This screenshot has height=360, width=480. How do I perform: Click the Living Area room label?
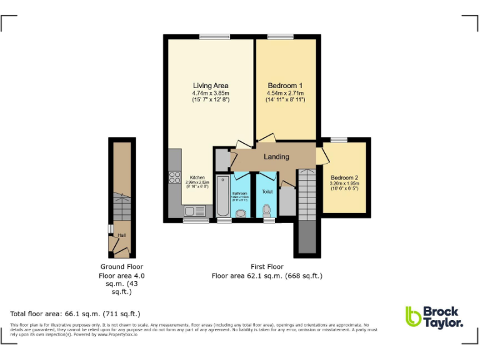[210, 86]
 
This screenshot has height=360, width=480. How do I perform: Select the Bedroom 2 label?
[345, 177]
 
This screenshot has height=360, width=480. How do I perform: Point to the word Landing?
[276, 156]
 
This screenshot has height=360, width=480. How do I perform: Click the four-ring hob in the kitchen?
[174, 177]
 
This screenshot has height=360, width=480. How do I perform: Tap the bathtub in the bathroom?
[223, 196]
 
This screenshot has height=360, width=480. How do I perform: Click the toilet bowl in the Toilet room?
[267, 209]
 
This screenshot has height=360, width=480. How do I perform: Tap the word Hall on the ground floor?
[122, 235]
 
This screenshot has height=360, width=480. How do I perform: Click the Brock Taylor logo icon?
[413, 316]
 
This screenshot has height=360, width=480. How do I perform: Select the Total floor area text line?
[75, 313]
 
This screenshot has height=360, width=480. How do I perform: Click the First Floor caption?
[267, 266]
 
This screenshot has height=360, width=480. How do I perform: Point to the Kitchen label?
[197, 177]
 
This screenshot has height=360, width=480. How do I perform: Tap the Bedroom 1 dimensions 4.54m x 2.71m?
[285, 93]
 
